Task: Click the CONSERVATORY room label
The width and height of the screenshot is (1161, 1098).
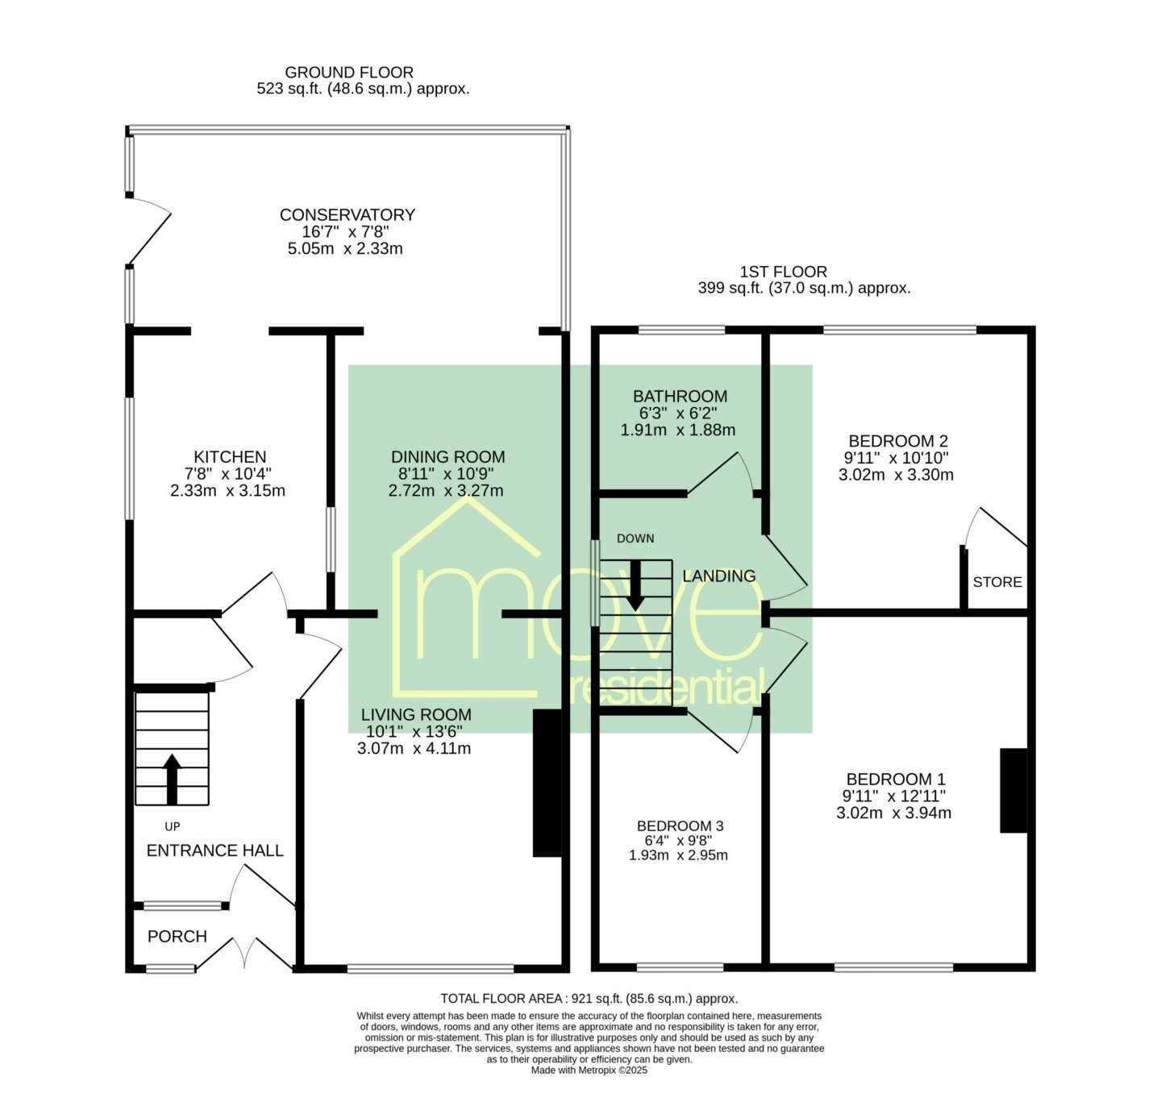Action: pyautogui.click(x=347, y=215)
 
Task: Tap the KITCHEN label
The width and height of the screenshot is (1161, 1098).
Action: pyautogui.click(x=230, y=456)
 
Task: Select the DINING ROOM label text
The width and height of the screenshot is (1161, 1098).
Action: pyautogui.click(x=447, y=456)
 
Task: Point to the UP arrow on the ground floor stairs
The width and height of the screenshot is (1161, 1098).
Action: pyautogui.click(x=172, y=779)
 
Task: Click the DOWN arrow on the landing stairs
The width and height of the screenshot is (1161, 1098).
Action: pyautogui.click(x=635, y=584)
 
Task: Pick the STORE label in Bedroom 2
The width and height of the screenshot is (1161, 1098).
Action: pyautogui.click(x=997, y=582)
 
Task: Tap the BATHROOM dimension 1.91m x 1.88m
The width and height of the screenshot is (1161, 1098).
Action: pyautogui.click(x=678, y=430)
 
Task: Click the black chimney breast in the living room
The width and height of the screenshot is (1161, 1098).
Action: pyautogui.click(x=547, y=783)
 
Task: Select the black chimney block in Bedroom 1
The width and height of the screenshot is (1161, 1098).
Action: pyautogui.click(x=1013, y=790)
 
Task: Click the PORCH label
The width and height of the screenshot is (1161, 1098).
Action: pyautogui.click(x=177, y=936)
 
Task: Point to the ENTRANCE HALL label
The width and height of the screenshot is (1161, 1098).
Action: pyautogui.click(x=215, y=851)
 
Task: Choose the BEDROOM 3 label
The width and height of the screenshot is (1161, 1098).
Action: pyautogui.click(x=680, y=826)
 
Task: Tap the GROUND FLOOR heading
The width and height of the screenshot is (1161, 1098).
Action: pyautogui.click(x=349, y=73)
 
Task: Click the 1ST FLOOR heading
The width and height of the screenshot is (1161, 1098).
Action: pyautogui.click(x=784, y=272)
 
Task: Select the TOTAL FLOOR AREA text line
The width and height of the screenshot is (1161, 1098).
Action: pyautogui.click(x=589, y=998)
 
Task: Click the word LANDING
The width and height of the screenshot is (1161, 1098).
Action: pyautogui.click(x=718, y=576)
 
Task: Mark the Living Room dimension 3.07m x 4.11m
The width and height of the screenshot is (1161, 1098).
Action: pyautogui.click(x=414, y=748)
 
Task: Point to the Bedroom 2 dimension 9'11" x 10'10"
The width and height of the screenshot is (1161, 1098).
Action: pyautogui.click(x=896, y=458)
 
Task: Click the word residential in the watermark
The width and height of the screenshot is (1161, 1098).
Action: pyautogui.click(x=666, y=687)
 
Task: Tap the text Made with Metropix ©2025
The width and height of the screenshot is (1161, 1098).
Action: pyautogui.click(x=589, y=1071)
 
